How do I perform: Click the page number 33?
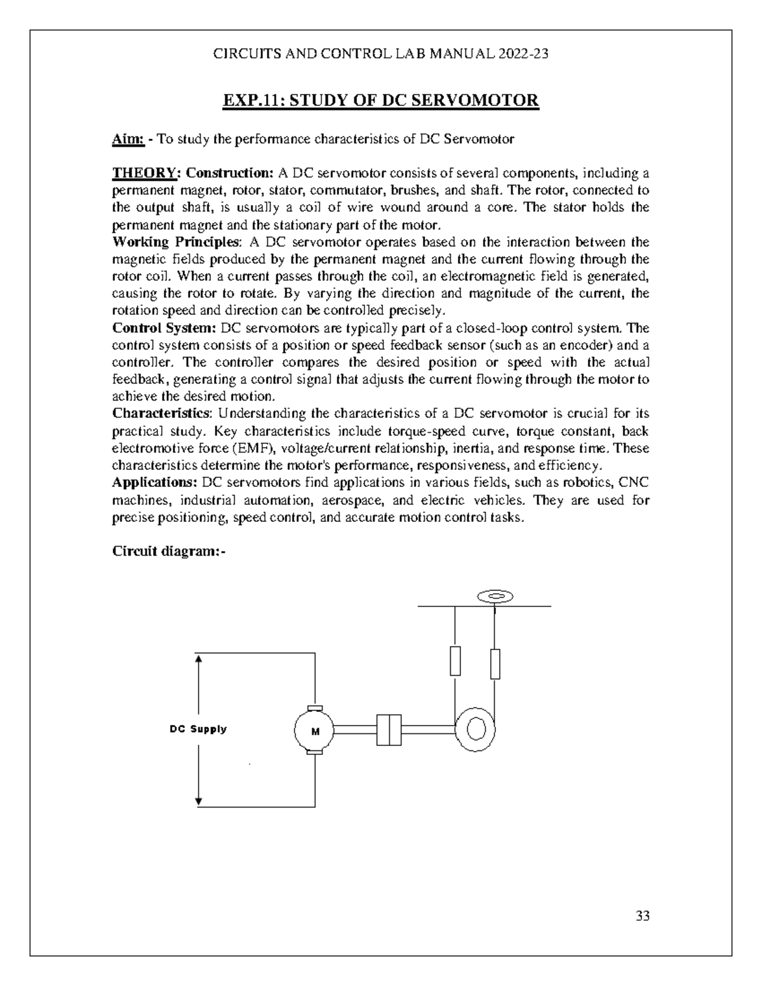[x=643, y=916]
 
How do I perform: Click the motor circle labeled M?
[x=314, y=731]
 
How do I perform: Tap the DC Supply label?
[x=197, y=729]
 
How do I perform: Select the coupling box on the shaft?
[x=389, y=730]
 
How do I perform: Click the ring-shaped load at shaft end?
[x=476, y=728]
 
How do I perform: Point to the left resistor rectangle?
[x=455, y=661]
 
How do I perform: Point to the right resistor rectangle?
[x=495, y=664]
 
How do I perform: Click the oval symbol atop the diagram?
[x=495, y=596]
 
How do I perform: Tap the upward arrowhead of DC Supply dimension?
[x=199, y=658]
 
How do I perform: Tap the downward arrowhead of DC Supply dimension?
[x=199, y=801]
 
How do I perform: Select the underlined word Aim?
[x=128, y=139]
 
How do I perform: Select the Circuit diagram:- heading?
[x=169, y=551]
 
